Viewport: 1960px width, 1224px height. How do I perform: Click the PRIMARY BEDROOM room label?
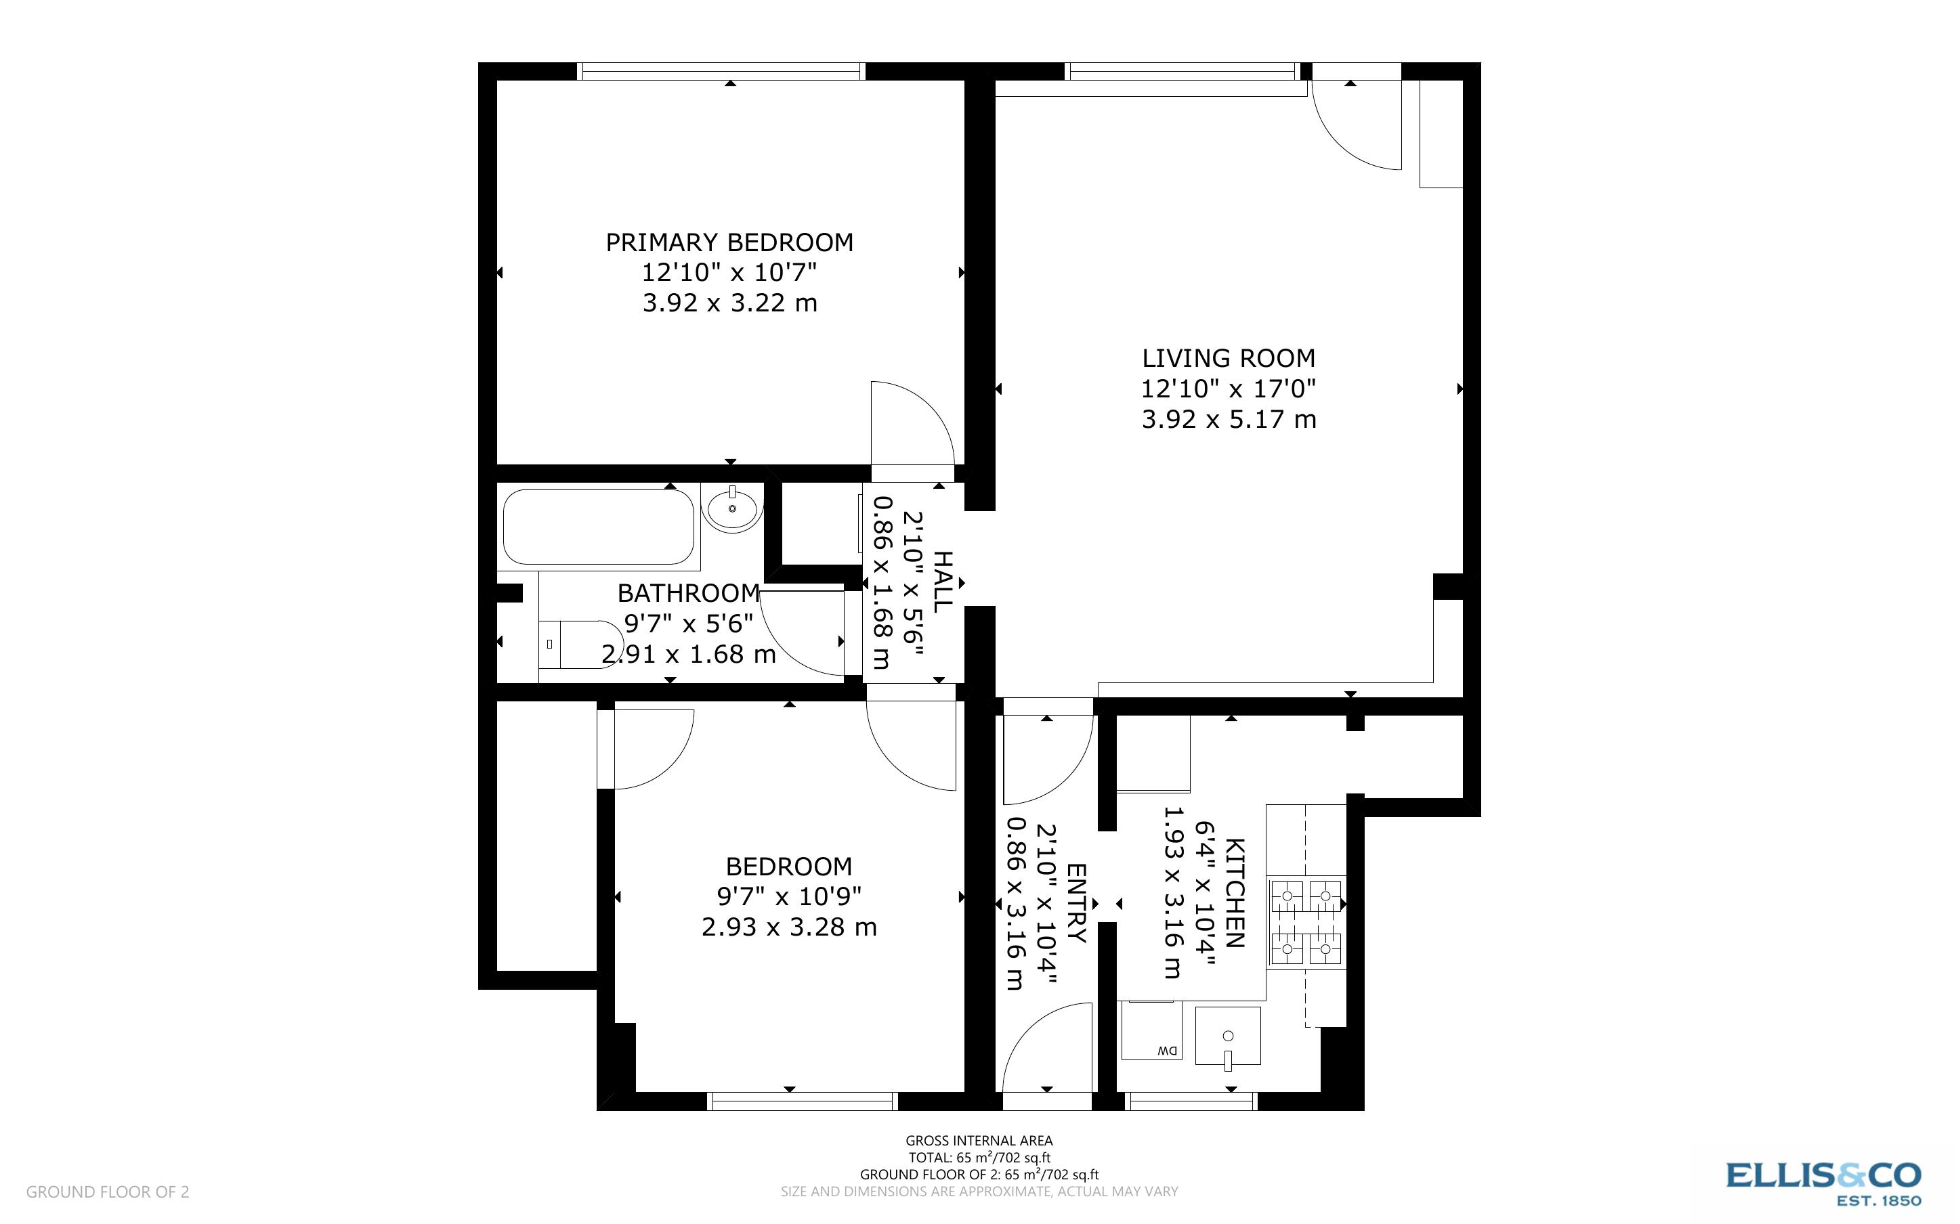coord(729,242)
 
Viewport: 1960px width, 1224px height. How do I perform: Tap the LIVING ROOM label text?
coord(1228,358)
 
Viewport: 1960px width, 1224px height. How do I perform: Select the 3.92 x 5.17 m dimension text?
coord(1228,419)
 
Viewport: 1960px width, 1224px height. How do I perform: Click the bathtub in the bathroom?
coord(598,526)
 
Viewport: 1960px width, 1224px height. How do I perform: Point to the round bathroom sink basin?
coord(733,508)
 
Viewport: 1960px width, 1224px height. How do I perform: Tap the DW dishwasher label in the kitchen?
coord(1167,1051)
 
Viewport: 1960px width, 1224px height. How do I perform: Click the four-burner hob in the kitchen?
coord(1306,923)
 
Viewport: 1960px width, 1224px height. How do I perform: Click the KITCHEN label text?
coord(1235,893)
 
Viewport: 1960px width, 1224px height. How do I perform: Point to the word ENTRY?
coord(1077,902)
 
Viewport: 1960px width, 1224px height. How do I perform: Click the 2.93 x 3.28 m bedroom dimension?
coord(788,927)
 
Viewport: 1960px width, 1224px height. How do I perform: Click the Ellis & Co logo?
coord(1823,1183)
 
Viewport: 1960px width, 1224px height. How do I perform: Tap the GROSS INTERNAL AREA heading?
coord(979,1141)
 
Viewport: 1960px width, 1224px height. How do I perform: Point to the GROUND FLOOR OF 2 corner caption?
coord(108,1192)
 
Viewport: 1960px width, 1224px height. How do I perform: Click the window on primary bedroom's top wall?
coord(721,71)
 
